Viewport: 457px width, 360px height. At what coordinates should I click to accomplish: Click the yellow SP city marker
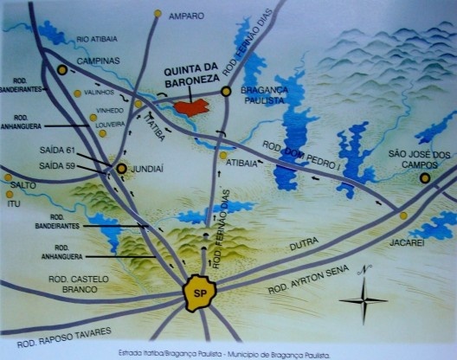click(x=200, y=292)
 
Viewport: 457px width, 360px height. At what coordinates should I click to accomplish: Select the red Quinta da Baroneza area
click(x=191, y=107)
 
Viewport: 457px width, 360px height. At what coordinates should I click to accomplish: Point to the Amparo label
click(x=186, y=16)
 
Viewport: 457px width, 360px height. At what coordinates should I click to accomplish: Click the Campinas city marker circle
click(x=62, y=69)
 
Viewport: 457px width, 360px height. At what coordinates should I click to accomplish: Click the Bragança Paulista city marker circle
click(x=226, y=90)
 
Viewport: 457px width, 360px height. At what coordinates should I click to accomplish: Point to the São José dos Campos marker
click(x=425, y=178)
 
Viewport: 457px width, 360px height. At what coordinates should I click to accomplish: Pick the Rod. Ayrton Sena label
click(x=306, y=279)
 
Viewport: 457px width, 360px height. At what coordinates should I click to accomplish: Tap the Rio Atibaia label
click(x=97, y=39)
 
